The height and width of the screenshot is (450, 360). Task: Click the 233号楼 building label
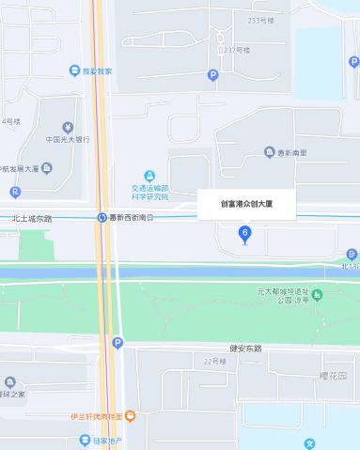click(x=260, y=20)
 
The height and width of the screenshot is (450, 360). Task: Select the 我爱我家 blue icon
click(x=74, y=71)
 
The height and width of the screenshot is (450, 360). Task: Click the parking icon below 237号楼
click(x=212, y=75)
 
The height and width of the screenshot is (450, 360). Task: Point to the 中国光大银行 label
click(x=68, y=140)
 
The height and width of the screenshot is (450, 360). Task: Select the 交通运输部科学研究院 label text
click(x=149, y=192)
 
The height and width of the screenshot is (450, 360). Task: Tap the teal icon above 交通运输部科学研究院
click(x=149, y=176)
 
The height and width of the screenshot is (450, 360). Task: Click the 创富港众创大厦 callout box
click(x=246, y=204)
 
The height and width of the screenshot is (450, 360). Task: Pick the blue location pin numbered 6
click(x=245, y=233)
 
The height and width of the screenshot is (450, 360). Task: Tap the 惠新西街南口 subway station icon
click(x=101, y=218)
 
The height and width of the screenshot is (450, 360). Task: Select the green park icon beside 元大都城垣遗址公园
click(x=318, y=296)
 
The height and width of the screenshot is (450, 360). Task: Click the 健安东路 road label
click(x=244, y=348)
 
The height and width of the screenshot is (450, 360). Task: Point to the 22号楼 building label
click(x=215, y=361)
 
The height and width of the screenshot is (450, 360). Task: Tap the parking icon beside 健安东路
click(x=117, y=343)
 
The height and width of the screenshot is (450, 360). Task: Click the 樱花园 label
click(x=334, y=375)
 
